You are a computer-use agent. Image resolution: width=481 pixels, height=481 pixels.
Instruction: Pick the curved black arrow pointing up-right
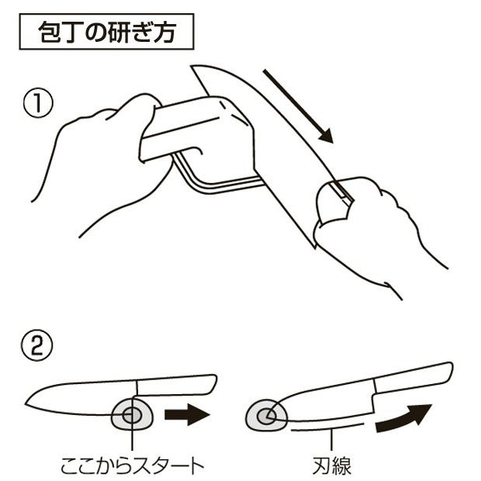point(403,419)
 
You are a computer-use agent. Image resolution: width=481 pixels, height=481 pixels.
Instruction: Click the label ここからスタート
point(133,465)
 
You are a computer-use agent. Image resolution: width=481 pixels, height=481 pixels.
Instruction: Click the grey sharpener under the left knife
point(132,416)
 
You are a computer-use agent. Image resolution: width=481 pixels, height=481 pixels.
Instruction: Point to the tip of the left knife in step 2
point(28,403)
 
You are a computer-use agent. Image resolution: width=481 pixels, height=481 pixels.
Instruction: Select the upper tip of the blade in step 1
point(196,69)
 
